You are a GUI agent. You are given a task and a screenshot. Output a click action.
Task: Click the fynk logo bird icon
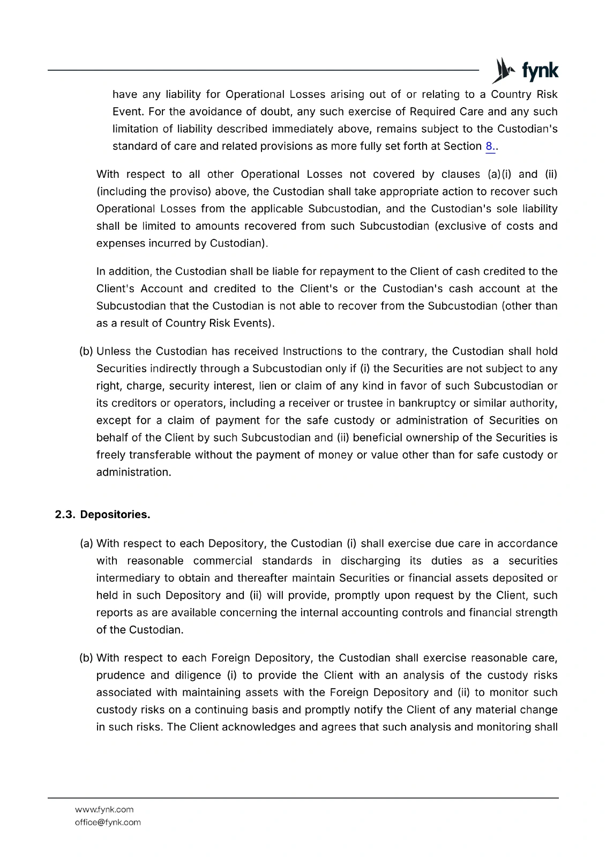(503, 70)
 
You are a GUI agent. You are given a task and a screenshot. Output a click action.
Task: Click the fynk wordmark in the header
(540, 71)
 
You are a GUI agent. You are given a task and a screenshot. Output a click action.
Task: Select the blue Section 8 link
(489, 146)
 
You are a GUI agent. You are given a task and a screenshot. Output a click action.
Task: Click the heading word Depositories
(115, 515)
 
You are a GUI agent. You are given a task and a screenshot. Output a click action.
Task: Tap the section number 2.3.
(65, 515)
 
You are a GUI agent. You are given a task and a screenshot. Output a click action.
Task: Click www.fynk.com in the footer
(104, 809)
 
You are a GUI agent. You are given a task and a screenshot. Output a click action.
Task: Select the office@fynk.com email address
(108, 822)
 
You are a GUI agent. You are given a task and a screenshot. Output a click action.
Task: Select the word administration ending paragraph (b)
(133, 472)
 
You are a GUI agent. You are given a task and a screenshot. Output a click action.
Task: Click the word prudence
(121, 675)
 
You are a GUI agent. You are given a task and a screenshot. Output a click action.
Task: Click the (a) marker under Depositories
(86, 544)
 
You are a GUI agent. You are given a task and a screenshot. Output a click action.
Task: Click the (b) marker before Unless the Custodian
(86, 351)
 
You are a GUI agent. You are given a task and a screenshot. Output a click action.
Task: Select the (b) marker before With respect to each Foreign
(86, 658)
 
